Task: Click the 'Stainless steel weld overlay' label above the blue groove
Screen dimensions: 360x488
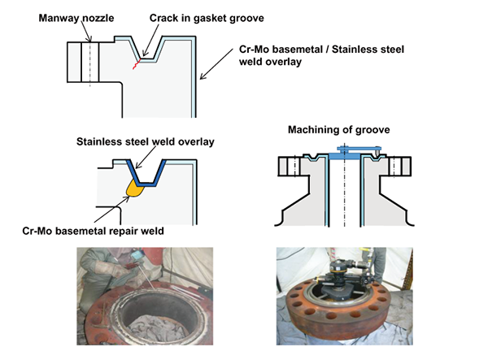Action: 146,141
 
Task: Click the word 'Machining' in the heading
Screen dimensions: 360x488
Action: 313,129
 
